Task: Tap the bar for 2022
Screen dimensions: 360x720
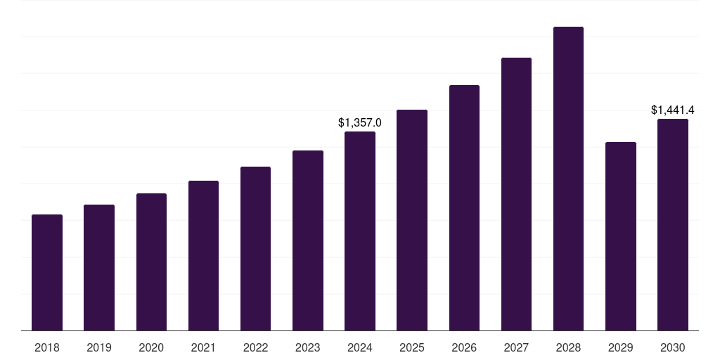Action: click(255, 249)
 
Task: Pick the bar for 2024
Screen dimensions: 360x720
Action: click(360, 231)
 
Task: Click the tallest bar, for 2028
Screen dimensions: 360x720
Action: click(568, 179)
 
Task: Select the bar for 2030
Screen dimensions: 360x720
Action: click(673, 225)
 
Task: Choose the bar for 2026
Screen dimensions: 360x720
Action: click(464, 208)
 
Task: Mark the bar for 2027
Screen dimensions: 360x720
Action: click(516, 194)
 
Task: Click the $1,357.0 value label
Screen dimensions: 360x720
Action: click(360, 122)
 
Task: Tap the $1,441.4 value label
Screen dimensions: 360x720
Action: click(673, 110)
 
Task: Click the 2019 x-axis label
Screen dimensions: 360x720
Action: click(99, 347)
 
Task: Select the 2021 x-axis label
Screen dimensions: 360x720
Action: click(203, 347)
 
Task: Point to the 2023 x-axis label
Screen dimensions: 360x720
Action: click(308, 347)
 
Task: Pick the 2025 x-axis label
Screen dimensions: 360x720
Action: click(412, 347)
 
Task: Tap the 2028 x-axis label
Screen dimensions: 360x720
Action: click(568, 347)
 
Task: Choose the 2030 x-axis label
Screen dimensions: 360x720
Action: click(673, 347)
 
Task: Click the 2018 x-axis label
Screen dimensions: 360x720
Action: click(47, 347)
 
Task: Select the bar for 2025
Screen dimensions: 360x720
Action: click(412, 220)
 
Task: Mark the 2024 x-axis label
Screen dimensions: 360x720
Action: click(360, 347)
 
